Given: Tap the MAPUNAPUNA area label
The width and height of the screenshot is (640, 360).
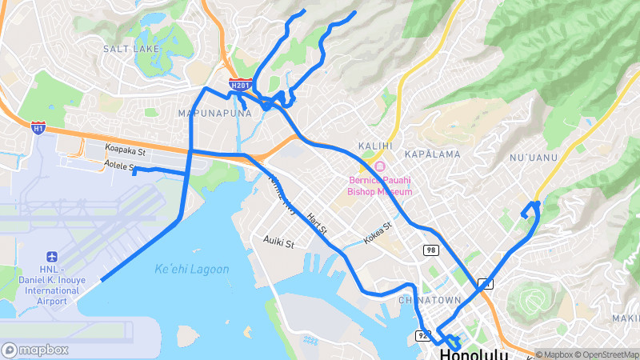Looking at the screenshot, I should click(x=214, y=113).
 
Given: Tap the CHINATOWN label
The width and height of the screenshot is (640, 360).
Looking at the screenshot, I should click(x=430, y=300).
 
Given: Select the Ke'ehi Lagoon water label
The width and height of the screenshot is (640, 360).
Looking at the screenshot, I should click(x=192, y=270).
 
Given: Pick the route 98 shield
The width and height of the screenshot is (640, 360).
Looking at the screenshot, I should click(x=430, y=250).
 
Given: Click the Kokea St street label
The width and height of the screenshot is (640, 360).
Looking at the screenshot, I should click(x=378, y=233).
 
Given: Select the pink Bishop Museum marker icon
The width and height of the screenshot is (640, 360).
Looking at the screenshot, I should click(x=379, y=166).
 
